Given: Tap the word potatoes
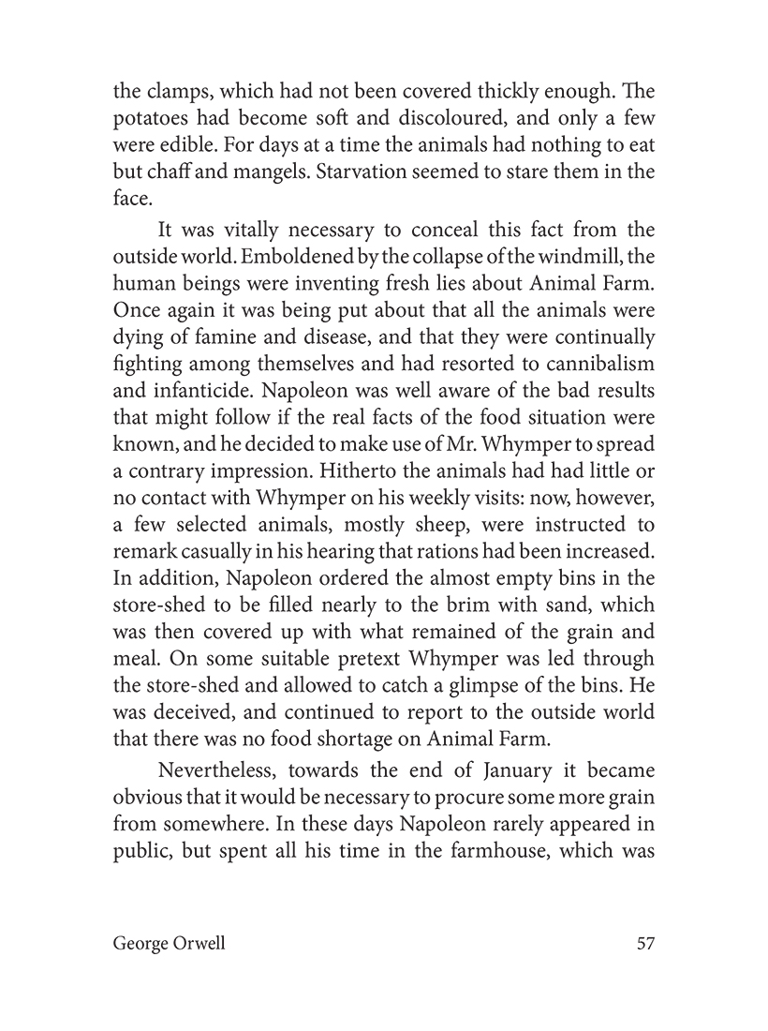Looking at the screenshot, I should click(x=152, y=121).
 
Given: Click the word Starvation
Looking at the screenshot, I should click(x=361, y=173).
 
